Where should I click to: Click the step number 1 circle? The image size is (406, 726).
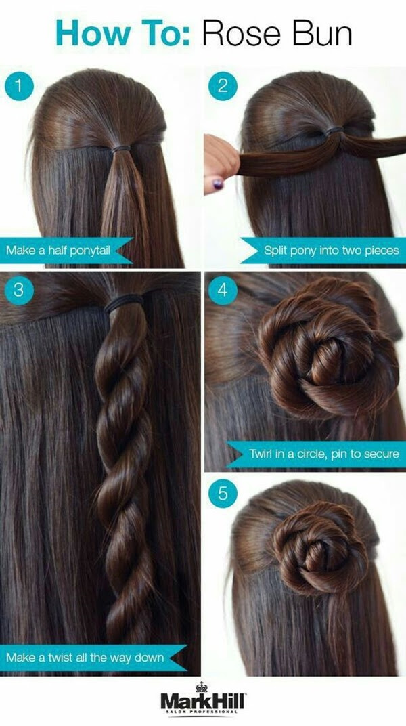click(19, 86)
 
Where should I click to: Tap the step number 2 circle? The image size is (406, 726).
click(223, 86)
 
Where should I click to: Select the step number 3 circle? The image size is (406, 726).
click(19, 291)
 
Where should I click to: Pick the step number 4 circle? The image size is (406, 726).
click(223, 291)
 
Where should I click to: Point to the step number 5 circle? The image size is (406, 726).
click(223, 494)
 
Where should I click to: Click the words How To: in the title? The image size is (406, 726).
click(123, 34)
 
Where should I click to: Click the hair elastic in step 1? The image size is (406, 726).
click(120, 149)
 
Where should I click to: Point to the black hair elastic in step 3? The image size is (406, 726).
click(124, 303)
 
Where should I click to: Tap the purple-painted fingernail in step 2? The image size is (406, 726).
click(217, 184)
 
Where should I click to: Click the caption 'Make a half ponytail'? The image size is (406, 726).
click(58, 251)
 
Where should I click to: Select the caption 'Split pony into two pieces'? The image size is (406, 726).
click(331, 251)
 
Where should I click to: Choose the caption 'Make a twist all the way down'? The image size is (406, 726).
click(85, 657)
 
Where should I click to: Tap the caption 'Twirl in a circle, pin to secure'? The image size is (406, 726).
click(324, 454)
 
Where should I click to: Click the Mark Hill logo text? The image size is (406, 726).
click(203, 702)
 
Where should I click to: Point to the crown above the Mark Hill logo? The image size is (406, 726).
click(202, 686)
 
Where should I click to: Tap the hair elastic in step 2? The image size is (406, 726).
click(334, 131)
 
